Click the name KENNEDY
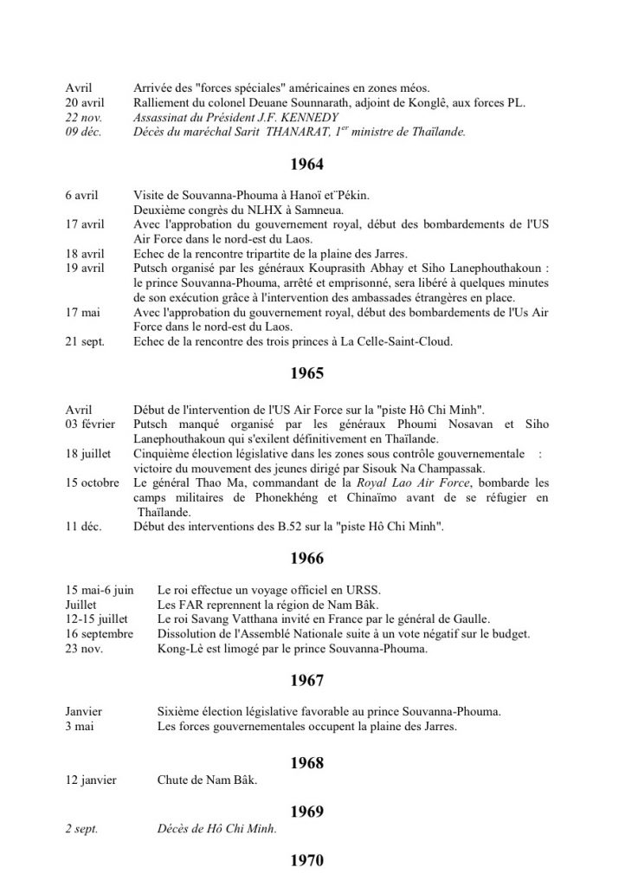(313, 116)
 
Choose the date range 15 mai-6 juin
(100, 590)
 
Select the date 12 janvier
(91, 780)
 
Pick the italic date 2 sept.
(81, 829)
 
